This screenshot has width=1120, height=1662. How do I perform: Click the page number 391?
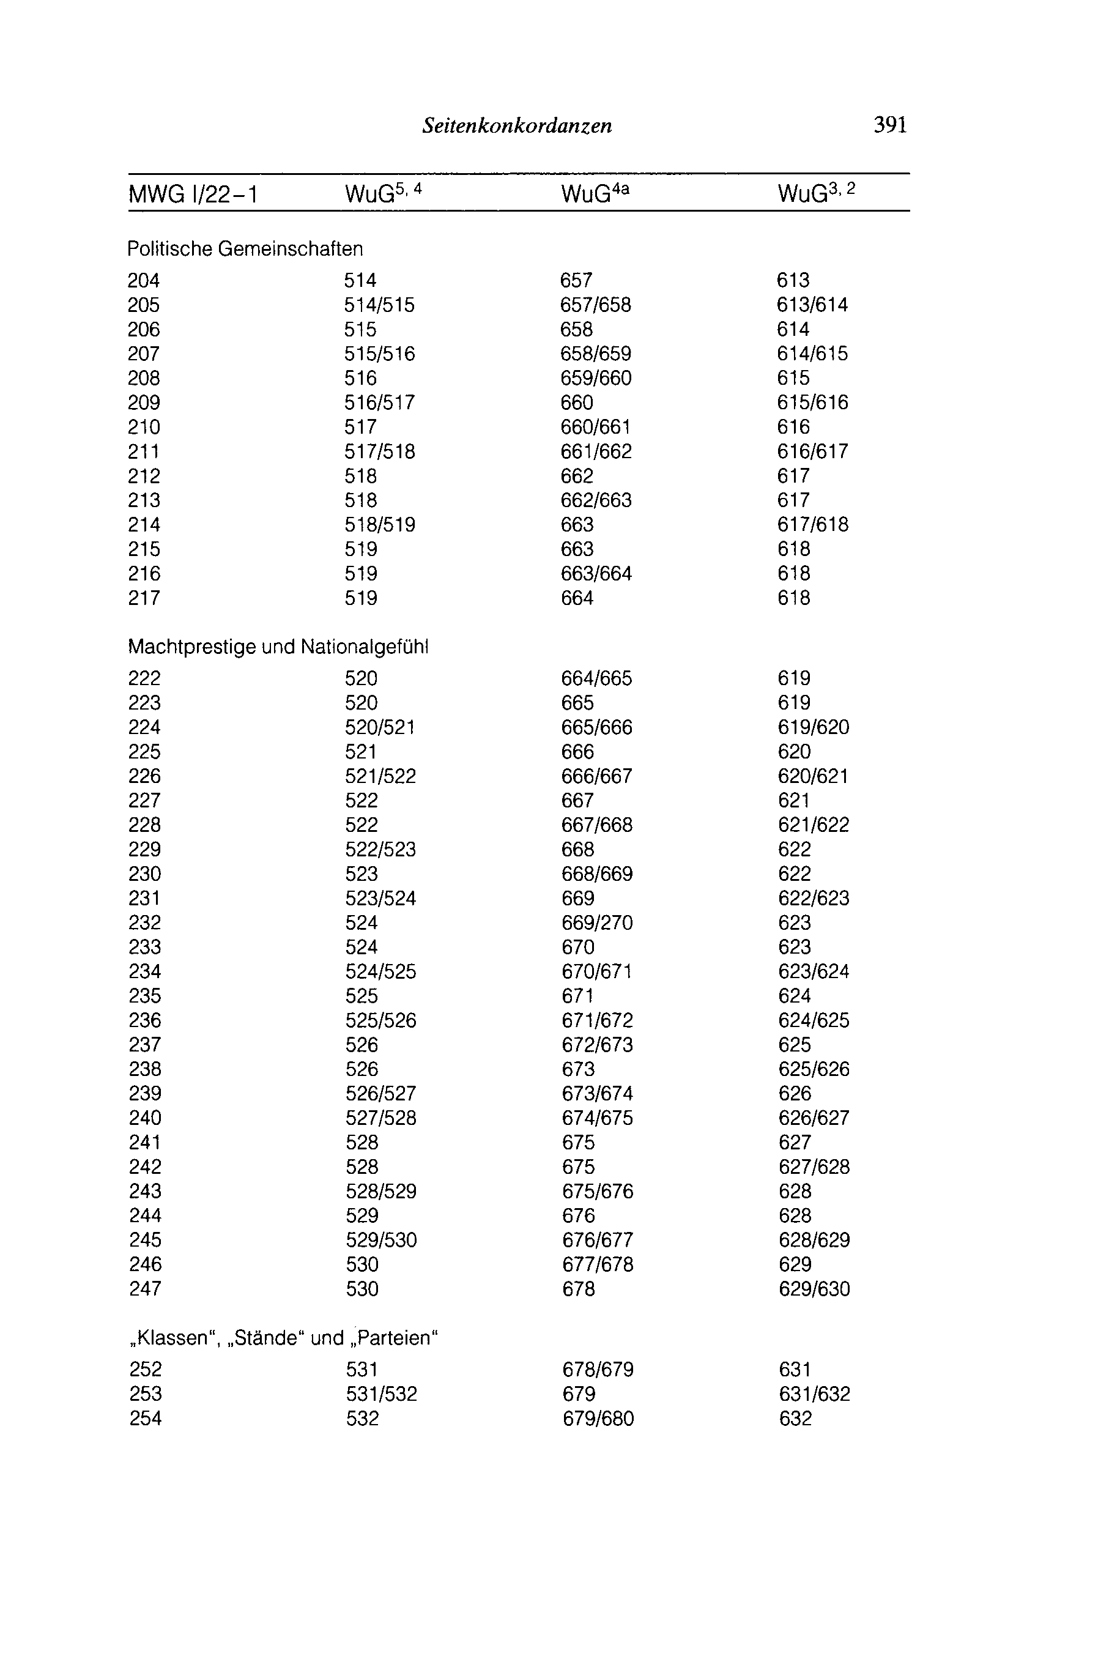pos(890,125)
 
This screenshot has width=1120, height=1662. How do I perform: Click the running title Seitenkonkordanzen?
pos(517,127)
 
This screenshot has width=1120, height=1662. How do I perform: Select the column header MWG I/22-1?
pos(193,195)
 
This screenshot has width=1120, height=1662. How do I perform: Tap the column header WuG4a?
pos(595,193)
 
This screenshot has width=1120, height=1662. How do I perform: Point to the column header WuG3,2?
pos(816,193)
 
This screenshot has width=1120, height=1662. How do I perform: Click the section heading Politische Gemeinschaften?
pos(245,249)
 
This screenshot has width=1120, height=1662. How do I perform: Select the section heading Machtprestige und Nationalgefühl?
pos(278,647)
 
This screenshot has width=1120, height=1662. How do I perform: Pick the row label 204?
pos(144,281)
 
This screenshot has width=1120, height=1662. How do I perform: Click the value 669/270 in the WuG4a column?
pos(597,923)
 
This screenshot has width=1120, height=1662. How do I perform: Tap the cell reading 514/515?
pos(379,306)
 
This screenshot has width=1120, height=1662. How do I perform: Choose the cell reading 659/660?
pos(596,379)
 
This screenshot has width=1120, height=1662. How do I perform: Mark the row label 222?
pos(144,678)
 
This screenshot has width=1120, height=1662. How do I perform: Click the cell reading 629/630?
pos(814,1289)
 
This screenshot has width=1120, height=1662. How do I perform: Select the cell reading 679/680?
pos(598,1419)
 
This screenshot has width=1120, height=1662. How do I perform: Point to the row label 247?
pos(145,1289)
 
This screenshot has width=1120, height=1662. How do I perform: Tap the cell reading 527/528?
pos(380,1118)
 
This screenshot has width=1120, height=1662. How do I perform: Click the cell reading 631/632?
pos(814,1394)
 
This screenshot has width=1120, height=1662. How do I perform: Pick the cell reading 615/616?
pos(813,403)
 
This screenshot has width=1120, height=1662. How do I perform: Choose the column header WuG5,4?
pos(384,193)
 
